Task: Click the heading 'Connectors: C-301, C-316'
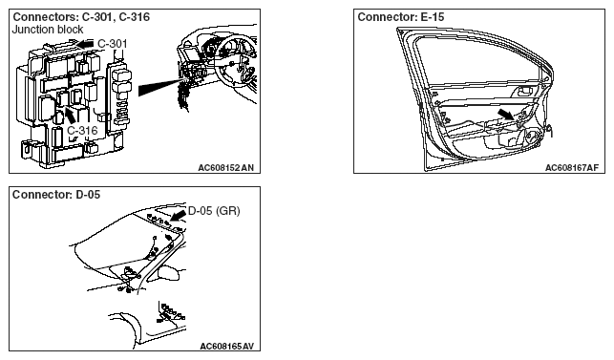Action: click(81, 17)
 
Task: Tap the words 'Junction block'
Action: click(48, 30)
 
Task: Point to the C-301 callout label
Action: click(113, 43)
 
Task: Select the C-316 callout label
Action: click(82, 130)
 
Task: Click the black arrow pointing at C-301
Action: click(85, 44)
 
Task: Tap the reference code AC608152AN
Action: click(226, 168)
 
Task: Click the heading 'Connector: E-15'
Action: click(401, 17)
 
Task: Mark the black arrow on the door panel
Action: click(507, 115)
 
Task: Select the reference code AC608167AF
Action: click(572, 168)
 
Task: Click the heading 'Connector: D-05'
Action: click(56, 194)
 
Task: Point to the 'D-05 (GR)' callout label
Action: click(214, 211)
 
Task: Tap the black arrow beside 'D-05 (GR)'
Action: click(179, 215)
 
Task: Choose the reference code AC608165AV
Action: click(226, 346)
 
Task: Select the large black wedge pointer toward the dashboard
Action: click(161, 87)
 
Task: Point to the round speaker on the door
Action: click(533, 138)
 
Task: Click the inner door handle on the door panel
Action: click(525, 92)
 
